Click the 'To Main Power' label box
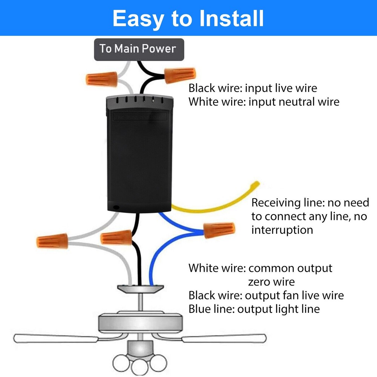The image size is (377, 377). point(139,49)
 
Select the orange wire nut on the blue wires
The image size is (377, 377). point(219,230)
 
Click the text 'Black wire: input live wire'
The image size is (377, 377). point(253,89)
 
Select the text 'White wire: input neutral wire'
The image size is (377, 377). point(264,102)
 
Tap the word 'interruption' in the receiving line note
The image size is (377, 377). point(282,230)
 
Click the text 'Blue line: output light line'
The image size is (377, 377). point(254,309)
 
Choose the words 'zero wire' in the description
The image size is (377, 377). point(271,282)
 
